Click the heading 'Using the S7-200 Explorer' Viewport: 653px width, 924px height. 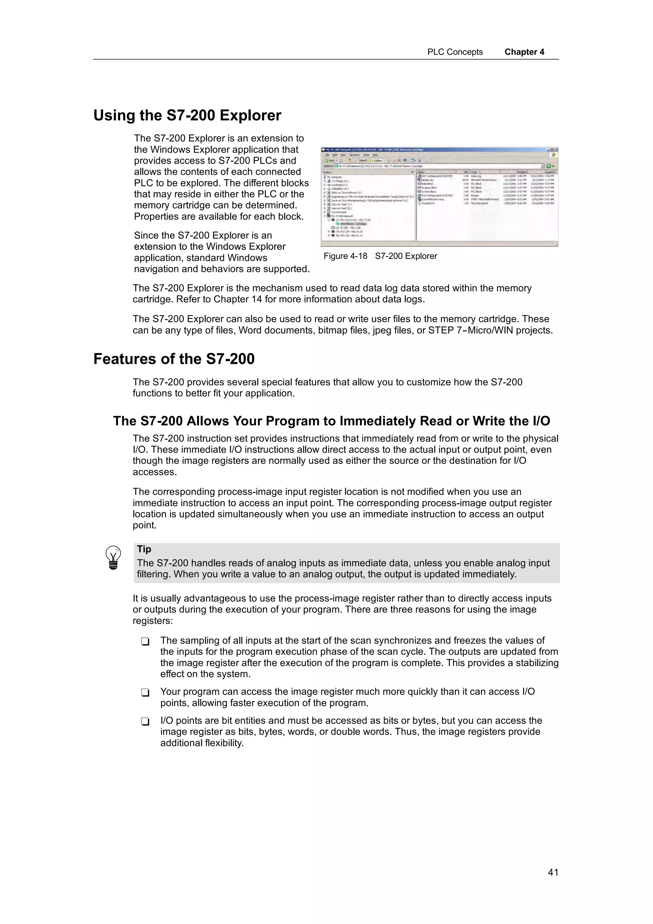pos(187,115)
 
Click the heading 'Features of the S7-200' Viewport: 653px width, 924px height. pos(174,359)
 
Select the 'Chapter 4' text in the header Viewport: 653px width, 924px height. pos(524,52)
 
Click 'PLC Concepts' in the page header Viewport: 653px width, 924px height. pos(455,52)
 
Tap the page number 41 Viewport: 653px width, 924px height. pos(553,872)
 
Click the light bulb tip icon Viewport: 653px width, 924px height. pos(113,557)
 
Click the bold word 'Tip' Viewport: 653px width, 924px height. pos(144,549)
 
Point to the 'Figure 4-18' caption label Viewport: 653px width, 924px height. pos(345,256)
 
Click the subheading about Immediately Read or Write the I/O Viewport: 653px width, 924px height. pos(331,421)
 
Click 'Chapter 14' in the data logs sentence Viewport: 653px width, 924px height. pos(237,299)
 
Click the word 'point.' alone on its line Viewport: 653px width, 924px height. pos(144,525)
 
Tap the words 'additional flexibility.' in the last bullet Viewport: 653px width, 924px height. pos(202,743)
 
